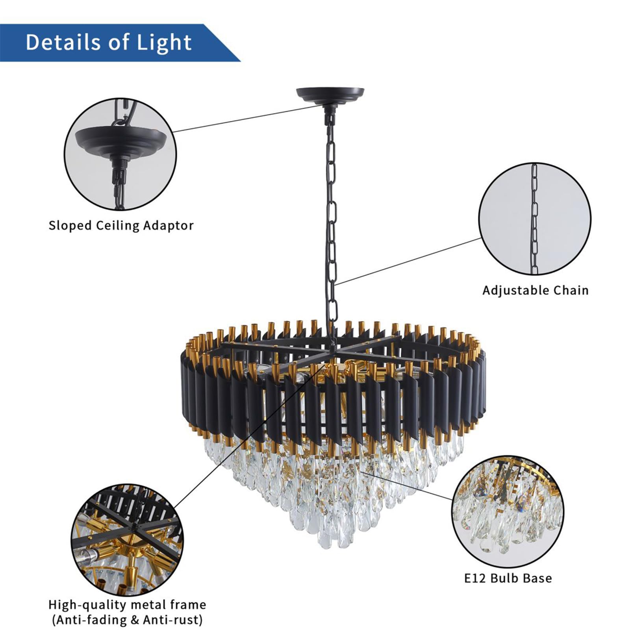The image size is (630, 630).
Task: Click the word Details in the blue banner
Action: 62,42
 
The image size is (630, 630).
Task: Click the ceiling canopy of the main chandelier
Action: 330,95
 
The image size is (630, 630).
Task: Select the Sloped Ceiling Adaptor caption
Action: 121,226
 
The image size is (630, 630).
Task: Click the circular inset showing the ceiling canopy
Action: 120,154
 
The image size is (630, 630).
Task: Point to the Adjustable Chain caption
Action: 535,290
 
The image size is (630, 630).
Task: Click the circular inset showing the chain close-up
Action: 534,219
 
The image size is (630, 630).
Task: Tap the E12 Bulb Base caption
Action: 508,578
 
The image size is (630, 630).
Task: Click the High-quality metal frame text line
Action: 127,604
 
